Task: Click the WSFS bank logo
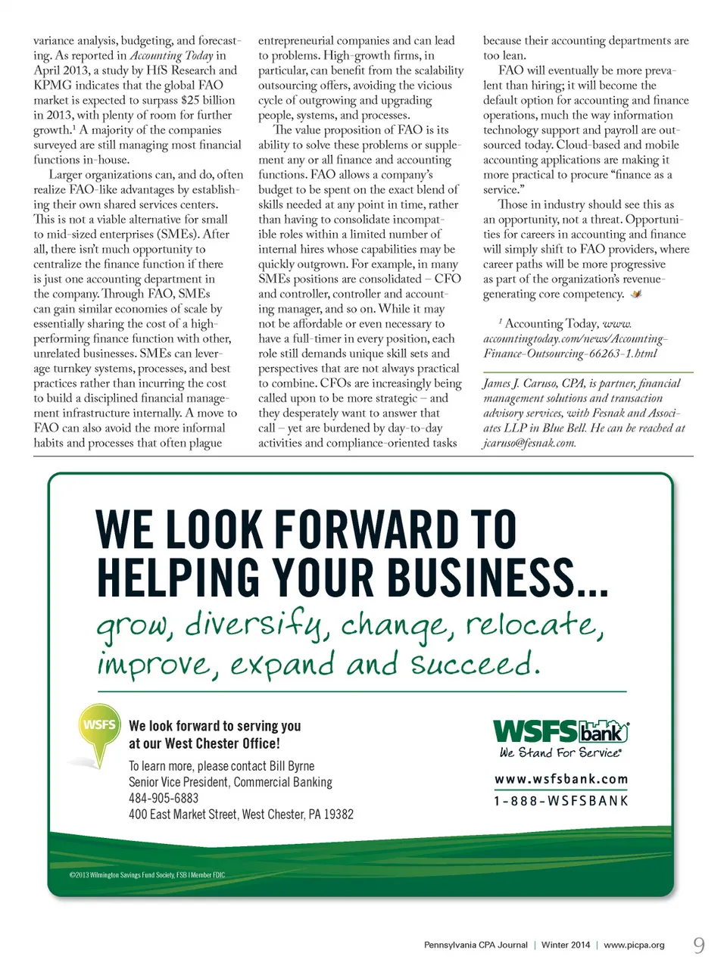560,731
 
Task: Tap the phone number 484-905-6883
164,798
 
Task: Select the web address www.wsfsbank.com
561,779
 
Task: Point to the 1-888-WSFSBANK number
561,801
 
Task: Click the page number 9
699,944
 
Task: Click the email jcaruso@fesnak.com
529,443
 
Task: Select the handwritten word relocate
534,626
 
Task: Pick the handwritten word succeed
475,665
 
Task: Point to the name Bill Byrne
292,766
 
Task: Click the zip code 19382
339,815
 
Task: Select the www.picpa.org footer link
634,945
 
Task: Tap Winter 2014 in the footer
565,945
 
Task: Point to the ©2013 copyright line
147,875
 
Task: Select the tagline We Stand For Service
560,752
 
